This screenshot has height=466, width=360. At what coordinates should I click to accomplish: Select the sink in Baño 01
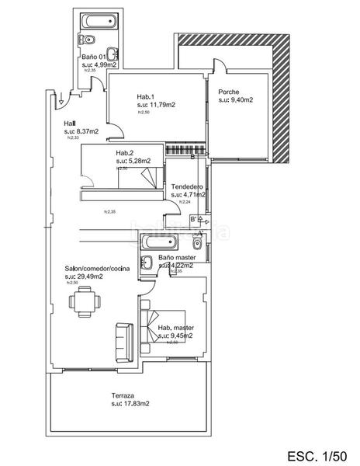click(x=113, y=54)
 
